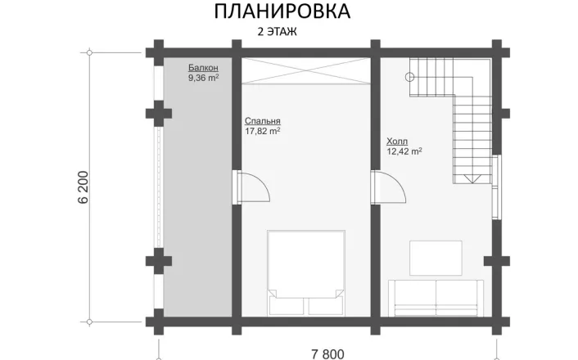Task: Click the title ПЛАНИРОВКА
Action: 282,11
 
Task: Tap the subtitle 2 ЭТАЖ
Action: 277,32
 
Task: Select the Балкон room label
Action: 203,67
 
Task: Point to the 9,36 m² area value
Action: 204,78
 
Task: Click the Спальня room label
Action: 263,121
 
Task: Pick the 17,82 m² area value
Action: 263,131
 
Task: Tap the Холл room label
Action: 397,141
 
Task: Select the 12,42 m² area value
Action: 404,151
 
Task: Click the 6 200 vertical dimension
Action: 84,187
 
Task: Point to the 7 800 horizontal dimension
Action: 327,354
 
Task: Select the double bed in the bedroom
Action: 306,272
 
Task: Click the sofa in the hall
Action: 436,298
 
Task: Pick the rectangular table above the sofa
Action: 436,258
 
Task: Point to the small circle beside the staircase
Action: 409,77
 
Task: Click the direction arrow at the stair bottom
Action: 472,179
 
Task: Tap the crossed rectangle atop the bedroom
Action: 306,71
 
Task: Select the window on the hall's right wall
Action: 496,187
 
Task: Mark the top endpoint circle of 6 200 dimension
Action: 89,52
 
